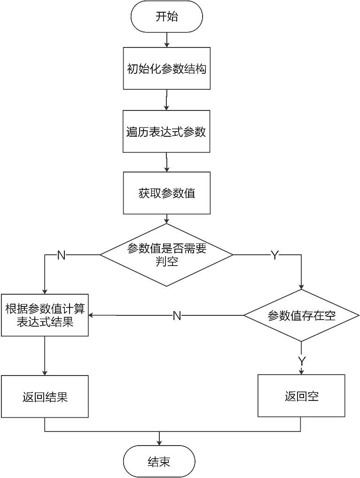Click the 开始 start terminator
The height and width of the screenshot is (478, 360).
click(166, 17)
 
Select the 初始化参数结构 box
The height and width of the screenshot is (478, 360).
click(166, 69)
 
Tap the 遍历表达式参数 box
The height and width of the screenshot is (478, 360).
click(166, 132)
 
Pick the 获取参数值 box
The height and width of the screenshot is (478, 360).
click(166, 193)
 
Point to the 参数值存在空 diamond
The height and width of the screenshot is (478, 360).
click(301, 315)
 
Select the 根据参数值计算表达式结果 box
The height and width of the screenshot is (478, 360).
click(45, 315)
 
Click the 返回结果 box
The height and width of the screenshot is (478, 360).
click(45, 396)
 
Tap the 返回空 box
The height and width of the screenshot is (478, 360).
click(301, 396)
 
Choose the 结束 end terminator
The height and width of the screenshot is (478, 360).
click(159, 462)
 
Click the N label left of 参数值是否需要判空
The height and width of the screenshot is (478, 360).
click(61, 255)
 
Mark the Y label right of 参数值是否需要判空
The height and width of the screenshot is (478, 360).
click(274, 255)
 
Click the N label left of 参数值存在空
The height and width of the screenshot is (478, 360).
click(177, 316)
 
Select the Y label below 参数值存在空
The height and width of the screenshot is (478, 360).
click(302, 361)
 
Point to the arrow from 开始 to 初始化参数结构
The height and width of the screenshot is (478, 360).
click(166, 40)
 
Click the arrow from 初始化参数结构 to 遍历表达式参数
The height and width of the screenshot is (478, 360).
click(166, 100)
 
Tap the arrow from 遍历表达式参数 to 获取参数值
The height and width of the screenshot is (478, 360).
click(166, 162)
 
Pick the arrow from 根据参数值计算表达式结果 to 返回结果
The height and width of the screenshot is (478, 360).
click(45, 356)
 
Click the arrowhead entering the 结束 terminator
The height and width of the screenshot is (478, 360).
click(159, 443)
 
